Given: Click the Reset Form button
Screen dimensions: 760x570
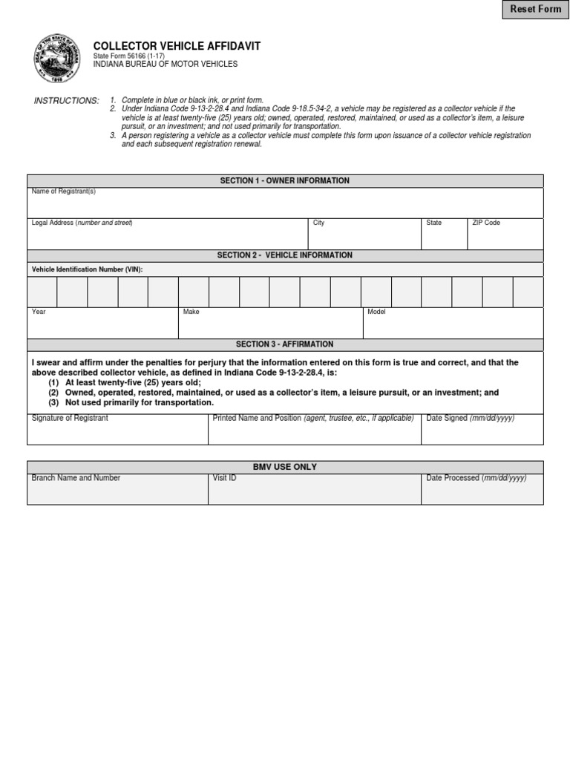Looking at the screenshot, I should pos(534,10).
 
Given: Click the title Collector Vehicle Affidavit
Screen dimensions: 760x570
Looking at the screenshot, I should pos(177,46).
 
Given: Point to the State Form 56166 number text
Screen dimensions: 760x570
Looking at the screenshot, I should pos(129,56).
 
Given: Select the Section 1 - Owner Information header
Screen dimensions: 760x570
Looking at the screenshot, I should pos(285,181).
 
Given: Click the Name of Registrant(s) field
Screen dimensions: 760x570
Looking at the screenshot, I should pos(285,205).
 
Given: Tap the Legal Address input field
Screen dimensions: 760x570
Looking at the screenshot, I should pos(167,237).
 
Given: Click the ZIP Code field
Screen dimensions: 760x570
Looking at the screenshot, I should pos(505,237).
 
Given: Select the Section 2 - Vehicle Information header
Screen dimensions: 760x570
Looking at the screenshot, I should pos(285,255).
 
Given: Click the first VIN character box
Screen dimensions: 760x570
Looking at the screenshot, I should pos(42,292).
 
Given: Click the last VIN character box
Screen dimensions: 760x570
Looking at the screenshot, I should pos(528,292).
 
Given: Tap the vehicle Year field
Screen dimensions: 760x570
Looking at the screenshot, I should pos(102,326).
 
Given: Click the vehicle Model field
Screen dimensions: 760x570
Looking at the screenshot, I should pos(453,326).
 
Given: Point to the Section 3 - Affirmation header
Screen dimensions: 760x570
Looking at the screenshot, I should pos(285,344).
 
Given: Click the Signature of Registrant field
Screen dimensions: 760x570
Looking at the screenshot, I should pos(117,432).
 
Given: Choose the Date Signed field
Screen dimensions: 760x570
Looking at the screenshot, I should pos(482,432).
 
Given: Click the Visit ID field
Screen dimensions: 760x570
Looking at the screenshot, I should pos(314,491).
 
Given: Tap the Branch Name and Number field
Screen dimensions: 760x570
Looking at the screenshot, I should pos(117,491).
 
